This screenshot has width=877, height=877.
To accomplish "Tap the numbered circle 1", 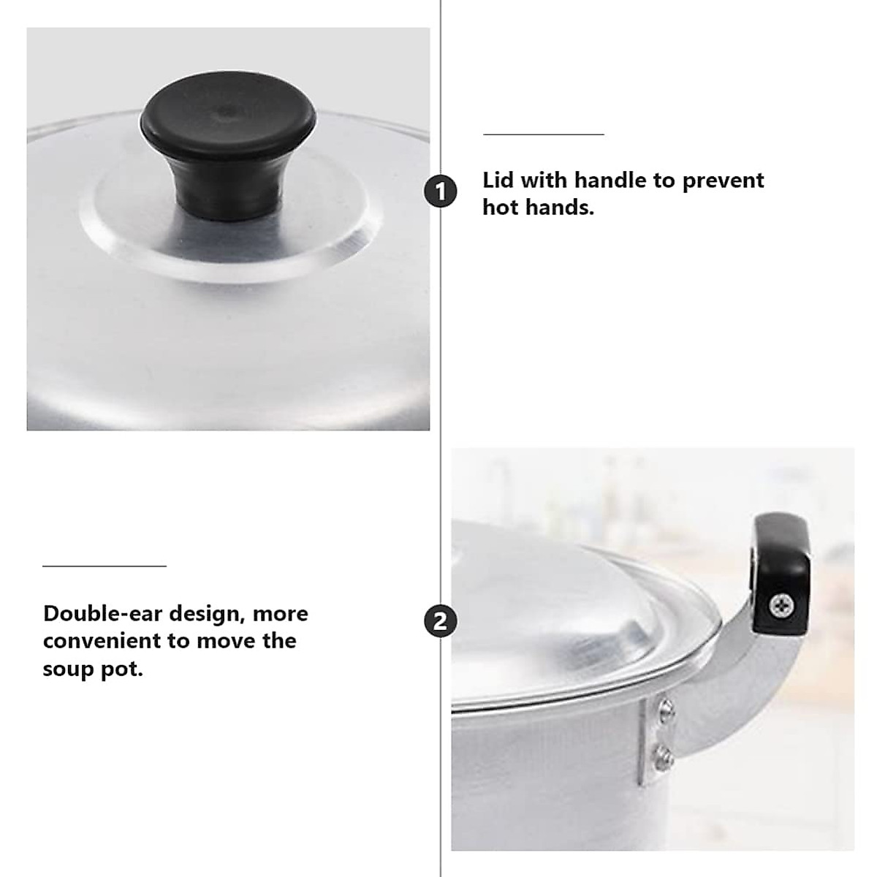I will pos(441,192).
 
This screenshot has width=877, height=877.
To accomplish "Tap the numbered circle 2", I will pos(441,621).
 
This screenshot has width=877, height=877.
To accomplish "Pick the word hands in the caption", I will pos(560,208).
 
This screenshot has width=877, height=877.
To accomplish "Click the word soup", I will pos(68,669).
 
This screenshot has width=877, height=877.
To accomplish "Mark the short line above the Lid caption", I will pos(543,134).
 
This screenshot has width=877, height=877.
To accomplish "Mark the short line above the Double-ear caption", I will pos(105,566).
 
